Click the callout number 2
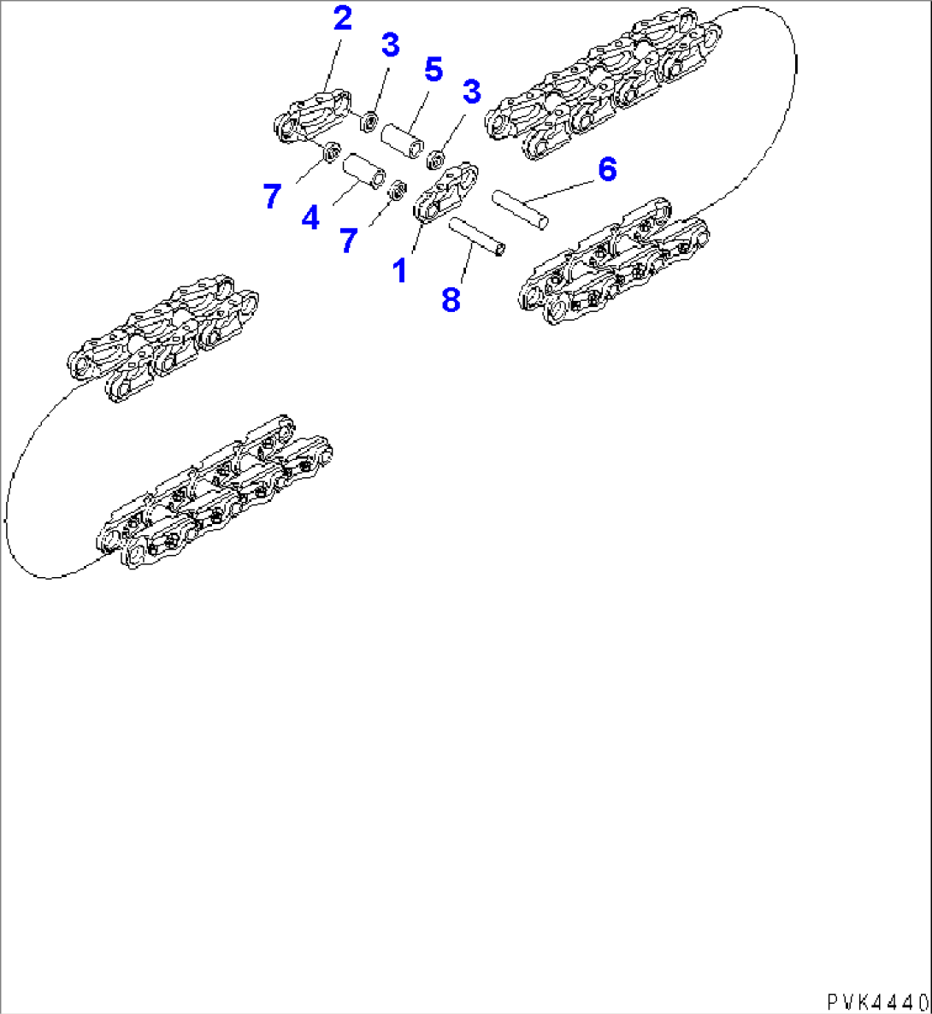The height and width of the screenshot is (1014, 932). (x=342, y=19)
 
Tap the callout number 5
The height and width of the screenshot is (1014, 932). (x=434, y=69)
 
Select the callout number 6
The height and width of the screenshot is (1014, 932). (x=606, y=169)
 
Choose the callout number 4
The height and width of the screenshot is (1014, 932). (x=310, y=218)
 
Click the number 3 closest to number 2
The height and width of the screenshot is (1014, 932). (x=390, y=44)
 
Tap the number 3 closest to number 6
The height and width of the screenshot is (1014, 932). (x=471, y=91)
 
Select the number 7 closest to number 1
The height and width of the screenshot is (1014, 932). (x=348, y=241)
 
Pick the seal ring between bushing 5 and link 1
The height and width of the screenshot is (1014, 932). (x=434, y=158)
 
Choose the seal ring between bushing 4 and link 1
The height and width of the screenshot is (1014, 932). (x=397, y=190)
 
